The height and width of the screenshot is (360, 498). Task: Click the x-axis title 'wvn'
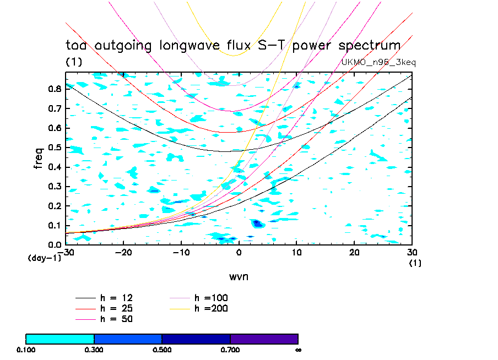(239, 276)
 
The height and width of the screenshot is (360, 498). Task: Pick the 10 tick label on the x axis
(296, 252)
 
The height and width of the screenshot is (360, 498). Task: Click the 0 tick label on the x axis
(239, 252)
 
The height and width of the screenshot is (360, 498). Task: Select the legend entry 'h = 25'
(116, 308)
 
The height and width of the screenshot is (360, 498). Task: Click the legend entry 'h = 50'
(116, 319)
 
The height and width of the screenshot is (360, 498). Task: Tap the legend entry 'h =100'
(211, 298)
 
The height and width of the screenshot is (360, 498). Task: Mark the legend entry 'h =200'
(211, 308)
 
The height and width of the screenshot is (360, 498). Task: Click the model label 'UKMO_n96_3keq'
(378, 62)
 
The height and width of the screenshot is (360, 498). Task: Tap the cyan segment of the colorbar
(60, 339)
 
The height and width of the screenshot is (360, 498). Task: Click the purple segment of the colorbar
(264, 339)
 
